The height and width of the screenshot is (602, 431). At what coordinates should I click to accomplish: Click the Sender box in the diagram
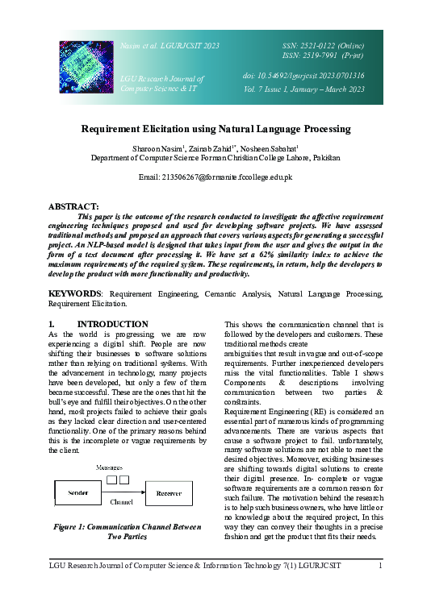click(x=77, y=492)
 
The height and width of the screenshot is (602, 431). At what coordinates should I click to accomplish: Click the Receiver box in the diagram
click(x=169, y=492)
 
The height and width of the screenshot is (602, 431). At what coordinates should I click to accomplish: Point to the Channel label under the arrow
click(x=121, y=501)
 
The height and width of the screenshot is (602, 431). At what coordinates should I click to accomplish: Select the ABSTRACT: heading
click(x=74, y=206)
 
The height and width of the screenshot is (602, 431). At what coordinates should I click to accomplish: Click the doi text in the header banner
click(x=303, y=76)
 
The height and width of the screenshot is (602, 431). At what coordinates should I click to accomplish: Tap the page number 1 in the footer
click(x=380, y=566)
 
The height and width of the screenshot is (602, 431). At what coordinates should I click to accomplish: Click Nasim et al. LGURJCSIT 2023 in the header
click(x=169, y=47)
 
